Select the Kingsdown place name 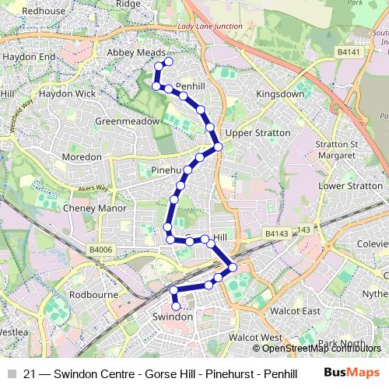pyautogui.click(x=280, y=93)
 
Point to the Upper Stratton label pyautogui.click(x=258, y=133)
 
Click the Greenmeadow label pyautogui.click(x=127, y=122)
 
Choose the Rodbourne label pyautogui.click(x=93, y=295)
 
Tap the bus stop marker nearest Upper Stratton pyautogui.click(x=219, y=146)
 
